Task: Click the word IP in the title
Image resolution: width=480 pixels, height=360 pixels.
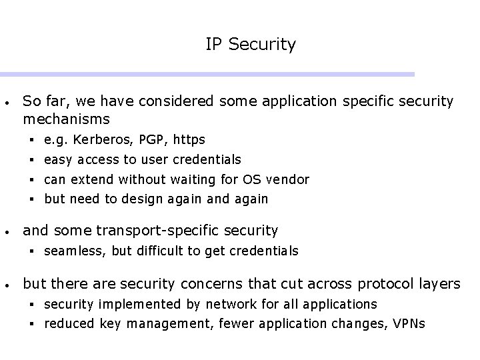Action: click(x=213, y=45)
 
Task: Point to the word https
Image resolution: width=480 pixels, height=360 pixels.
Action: click(x=189, y=140)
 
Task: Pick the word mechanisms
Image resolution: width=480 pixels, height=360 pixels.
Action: click(x=66, y=120)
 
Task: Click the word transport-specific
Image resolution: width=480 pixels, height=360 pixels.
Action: click(x=142, y=231)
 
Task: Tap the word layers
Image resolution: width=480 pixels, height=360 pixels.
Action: click(x=441, y=283)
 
